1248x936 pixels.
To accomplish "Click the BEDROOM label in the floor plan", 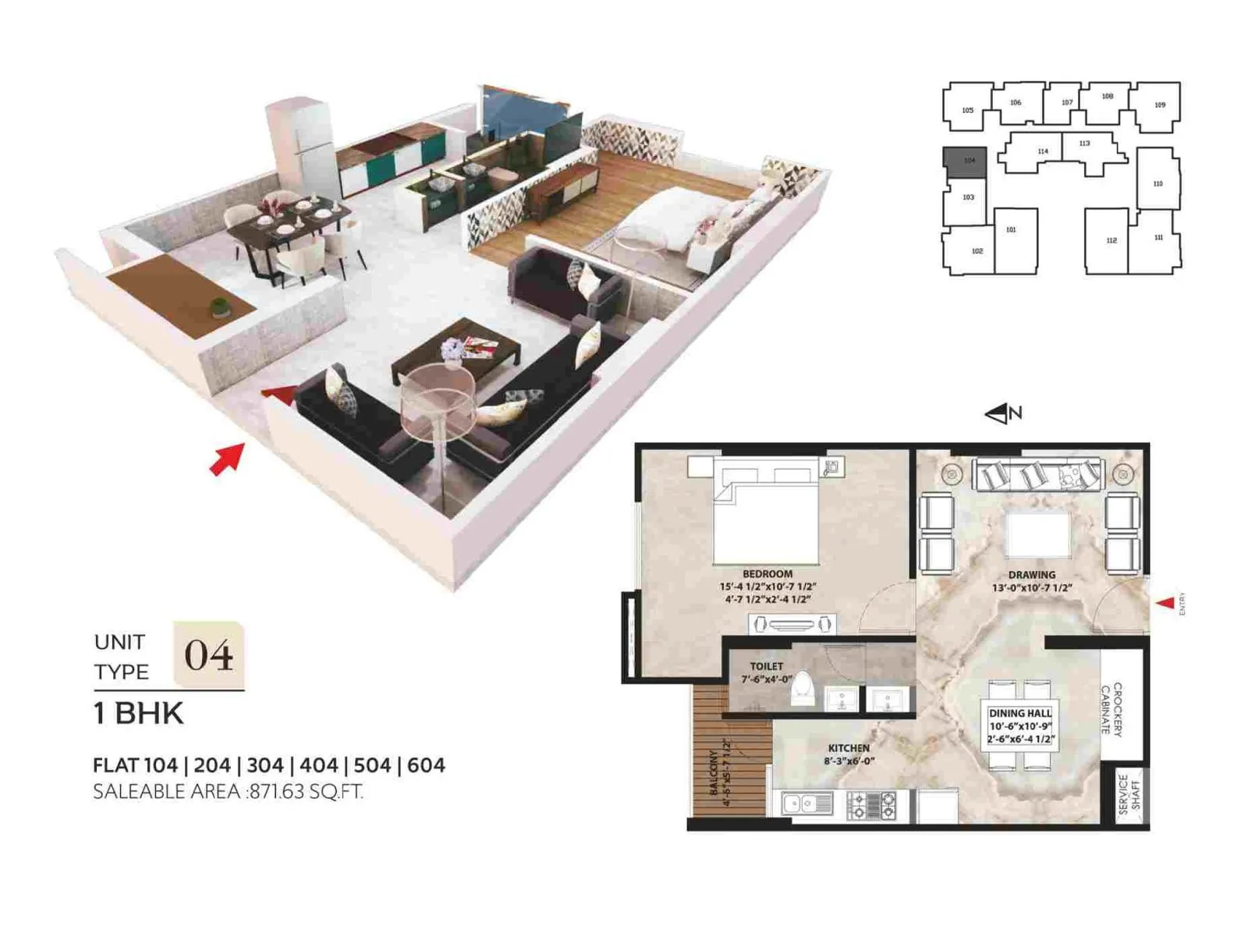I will tap(767, 574).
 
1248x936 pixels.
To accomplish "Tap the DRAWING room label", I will tap(1031, 576).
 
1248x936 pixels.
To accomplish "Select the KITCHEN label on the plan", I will tap(849, 748).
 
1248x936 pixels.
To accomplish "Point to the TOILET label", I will tap(766, 667).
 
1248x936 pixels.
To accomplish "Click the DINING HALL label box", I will tap(1020, 725).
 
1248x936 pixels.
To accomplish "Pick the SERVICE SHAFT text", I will tap(1129, 795).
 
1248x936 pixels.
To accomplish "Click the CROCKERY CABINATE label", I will tap(1111, 709).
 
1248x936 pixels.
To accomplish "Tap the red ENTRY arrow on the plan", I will tap(1165, 603).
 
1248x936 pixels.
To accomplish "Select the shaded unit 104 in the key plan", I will tap(965, 161).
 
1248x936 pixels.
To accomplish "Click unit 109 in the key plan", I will tap(1159, 105).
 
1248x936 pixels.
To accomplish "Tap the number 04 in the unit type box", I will tap(208, 655).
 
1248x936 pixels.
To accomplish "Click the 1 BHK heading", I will tap(138, 714).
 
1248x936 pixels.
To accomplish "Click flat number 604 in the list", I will tap(426, 765).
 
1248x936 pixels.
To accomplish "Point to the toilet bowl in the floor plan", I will tap(803, 690).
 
